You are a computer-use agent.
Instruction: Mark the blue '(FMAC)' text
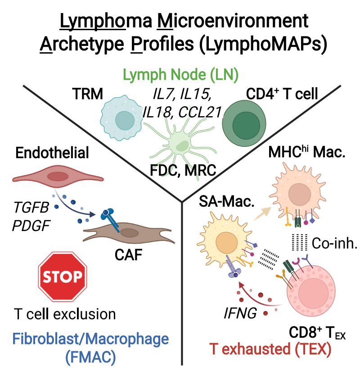pos(90,356)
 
